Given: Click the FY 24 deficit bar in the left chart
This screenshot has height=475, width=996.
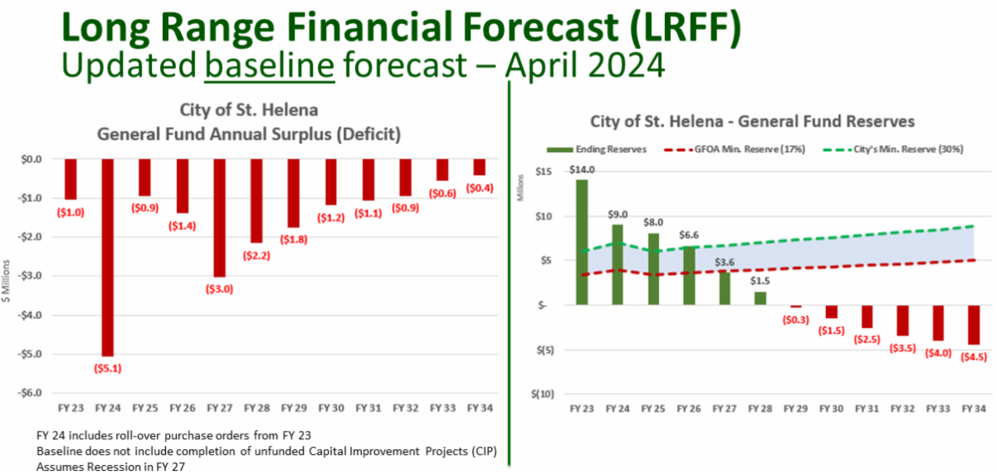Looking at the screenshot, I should [108, 257].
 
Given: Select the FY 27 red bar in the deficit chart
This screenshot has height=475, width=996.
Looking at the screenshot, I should [219, 218].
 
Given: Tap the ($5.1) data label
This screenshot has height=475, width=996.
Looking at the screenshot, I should [108, 368].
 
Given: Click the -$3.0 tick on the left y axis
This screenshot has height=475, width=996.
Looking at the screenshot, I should [30, 277].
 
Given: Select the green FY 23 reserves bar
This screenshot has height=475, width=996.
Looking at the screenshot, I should [582, 242].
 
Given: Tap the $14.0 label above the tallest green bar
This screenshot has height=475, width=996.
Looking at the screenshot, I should [582, 170].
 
